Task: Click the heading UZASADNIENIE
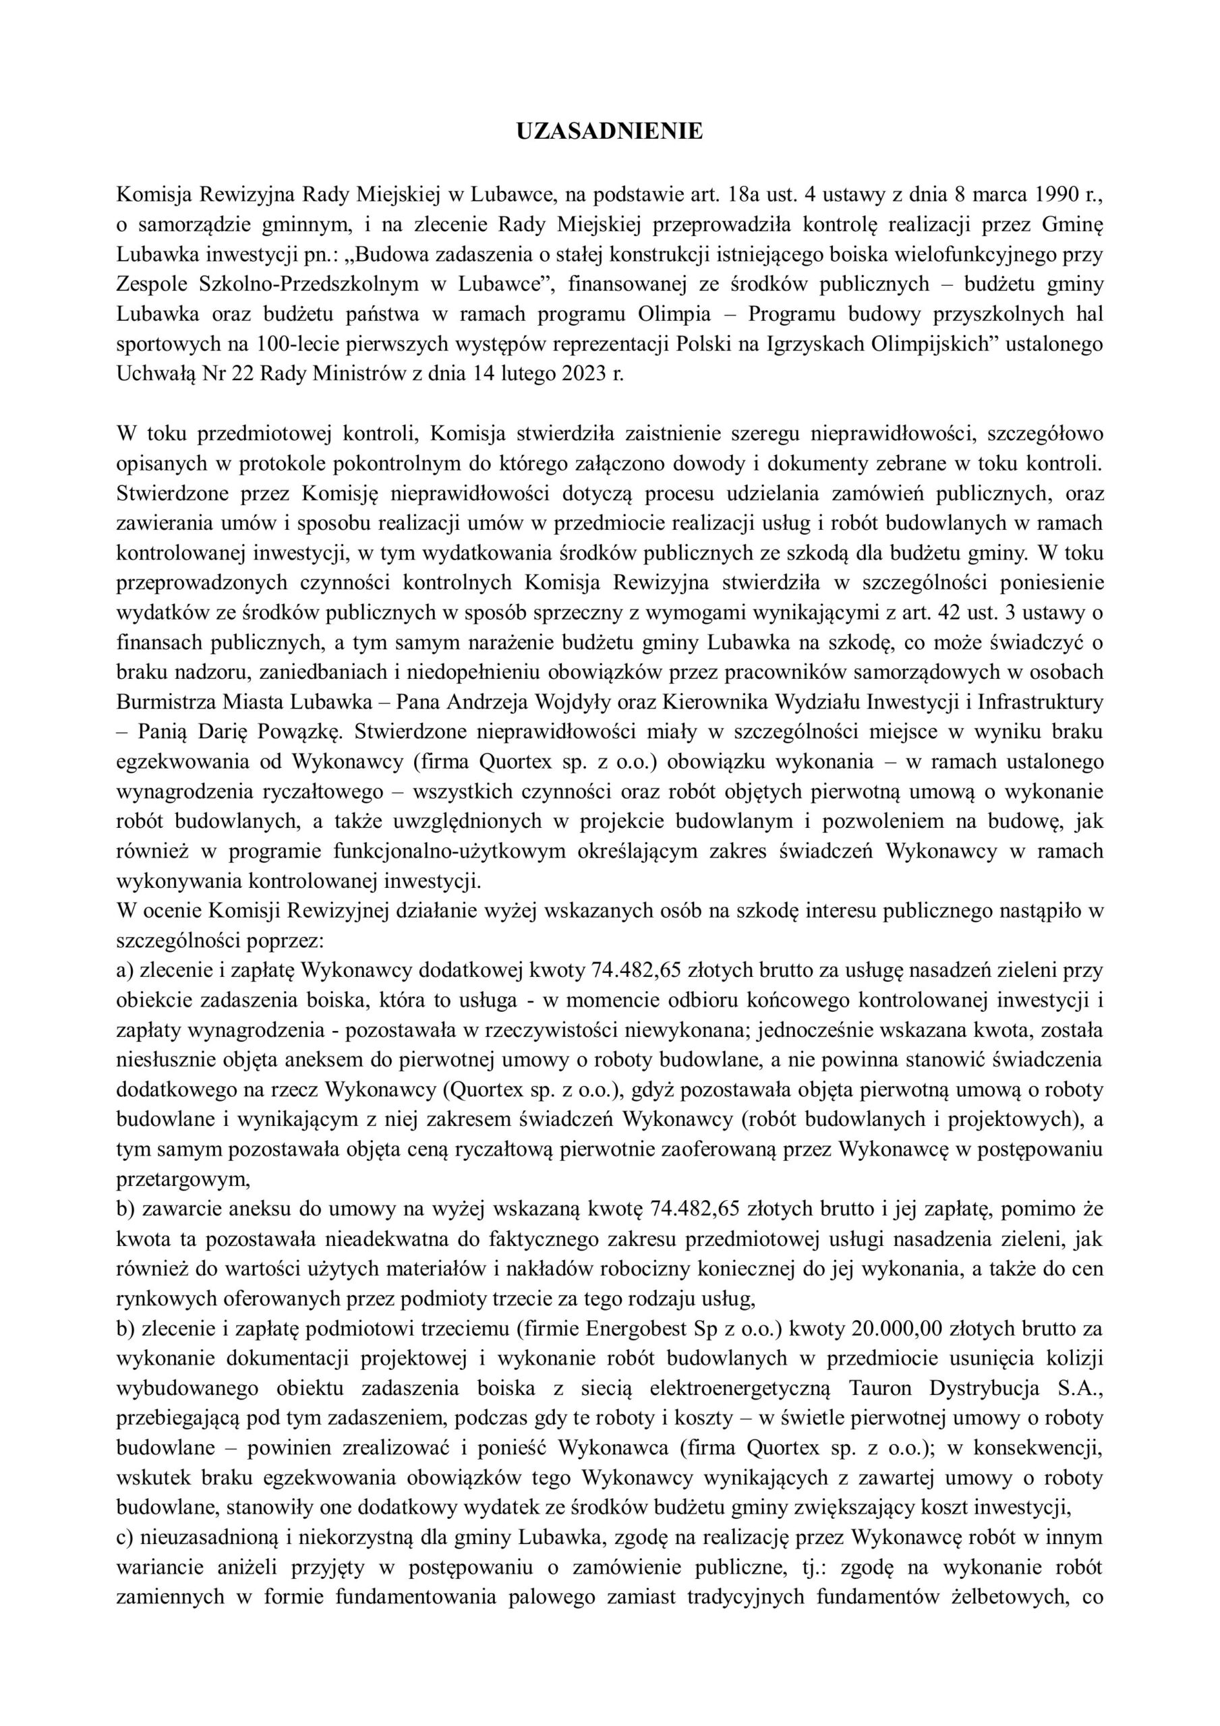609,132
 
